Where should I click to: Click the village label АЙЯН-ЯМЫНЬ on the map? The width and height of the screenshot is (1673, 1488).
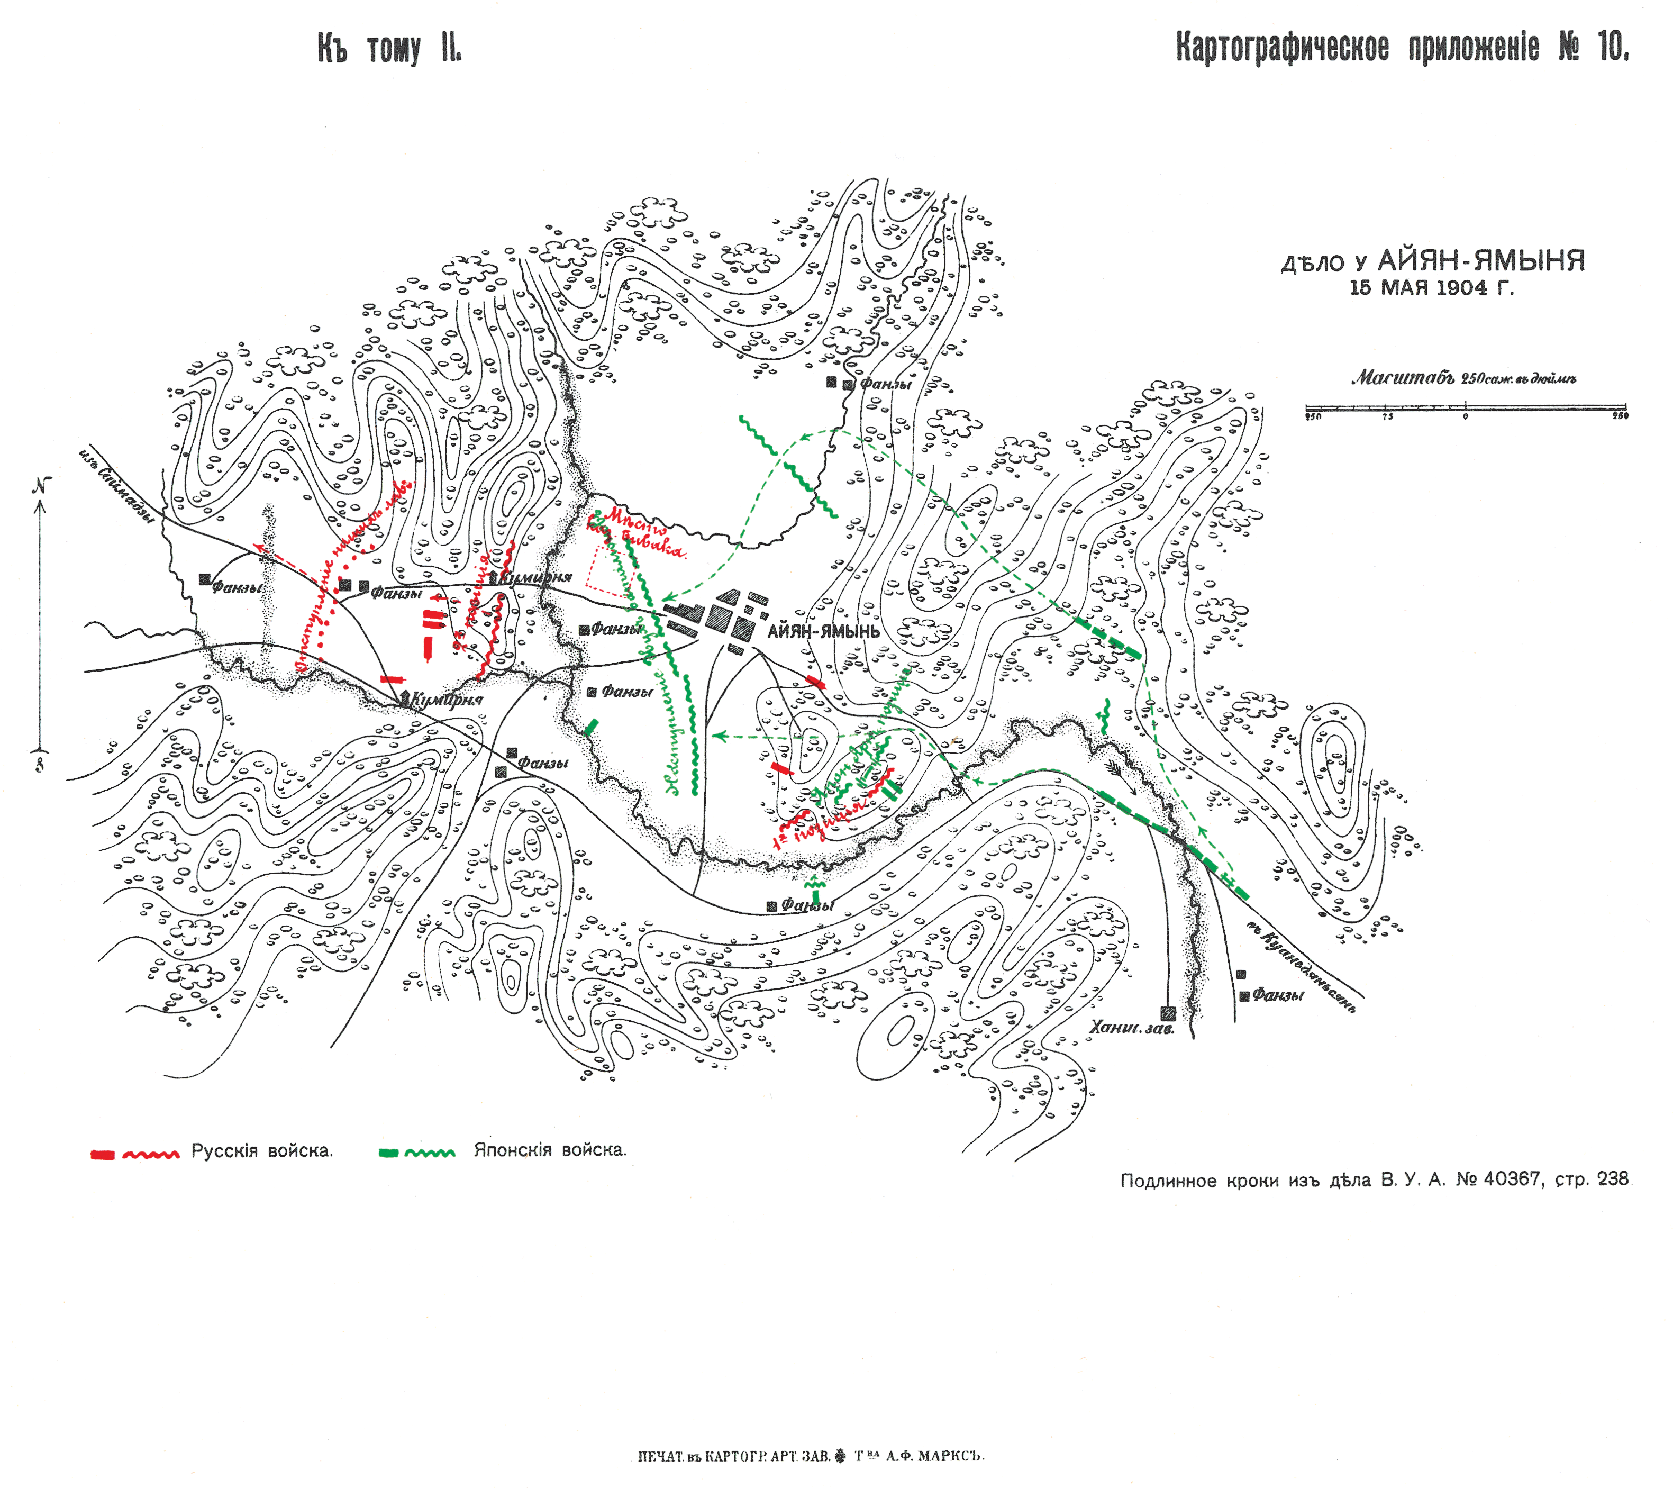point(823,632)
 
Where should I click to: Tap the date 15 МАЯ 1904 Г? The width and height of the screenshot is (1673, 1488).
point(1432,288)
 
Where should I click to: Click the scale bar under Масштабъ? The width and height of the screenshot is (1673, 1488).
point(1465,407)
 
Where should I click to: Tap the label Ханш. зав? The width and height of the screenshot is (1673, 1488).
point(1132,1028)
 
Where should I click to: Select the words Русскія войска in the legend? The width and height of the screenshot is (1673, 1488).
point(262,1151)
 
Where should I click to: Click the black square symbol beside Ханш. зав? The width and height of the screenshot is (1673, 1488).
point(1168,1013)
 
